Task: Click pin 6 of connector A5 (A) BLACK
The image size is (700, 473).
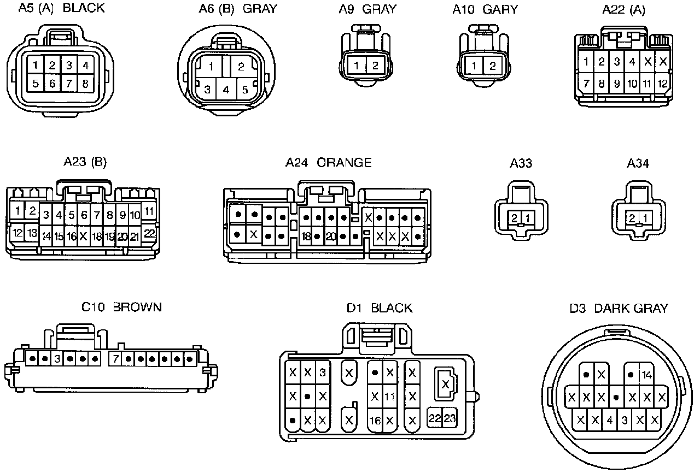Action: click(52, 84)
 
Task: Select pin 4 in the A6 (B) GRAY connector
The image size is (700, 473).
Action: click(226, 90)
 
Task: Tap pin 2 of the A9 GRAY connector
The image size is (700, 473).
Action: click(375, 66)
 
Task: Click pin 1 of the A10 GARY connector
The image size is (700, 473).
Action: click(474, 66)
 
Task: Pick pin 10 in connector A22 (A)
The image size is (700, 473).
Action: click(632, 84)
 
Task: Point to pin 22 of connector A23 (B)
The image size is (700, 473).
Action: click(149, 233)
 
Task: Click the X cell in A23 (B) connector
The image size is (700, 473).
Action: click(83, 236)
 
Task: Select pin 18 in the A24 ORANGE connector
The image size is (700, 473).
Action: click(306, 236)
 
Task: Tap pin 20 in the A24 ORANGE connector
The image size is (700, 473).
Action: click(330, 236)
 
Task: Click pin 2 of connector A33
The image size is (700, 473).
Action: click(515, 218)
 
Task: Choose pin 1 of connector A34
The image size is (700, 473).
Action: click(645, 218)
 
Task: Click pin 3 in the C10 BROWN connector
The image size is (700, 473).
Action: click(57, 359)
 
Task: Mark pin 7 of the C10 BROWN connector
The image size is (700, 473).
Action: click(115, 359)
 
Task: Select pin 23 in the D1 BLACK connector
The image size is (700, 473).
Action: click(450, 418)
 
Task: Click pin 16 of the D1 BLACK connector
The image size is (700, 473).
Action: click(375, 421)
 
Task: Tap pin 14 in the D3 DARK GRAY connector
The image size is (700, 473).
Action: click(646, 374)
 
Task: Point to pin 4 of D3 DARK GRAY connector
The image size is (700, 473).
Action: click(610, 420)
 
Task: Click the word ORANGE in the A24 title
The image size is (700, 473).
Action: click(344, 163)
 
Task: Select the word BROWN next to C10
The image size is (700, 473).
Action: click(137, 308)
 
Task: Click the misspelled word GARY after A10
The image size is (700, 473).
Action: click(500, 9)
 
